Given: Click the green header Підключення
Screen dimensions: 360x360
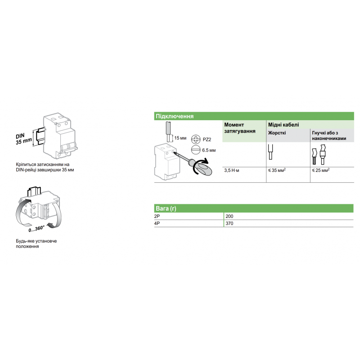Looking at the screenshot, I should tap(175, 116).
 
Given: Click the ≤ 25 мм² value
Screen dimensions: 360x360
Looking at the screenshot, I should tap(321, 171).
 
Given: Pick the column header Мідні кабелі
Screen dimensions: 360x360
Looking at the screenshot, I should tap(283, 124).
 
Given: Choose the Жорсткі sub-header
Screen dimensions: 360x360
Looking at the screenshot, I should tap(277, 133).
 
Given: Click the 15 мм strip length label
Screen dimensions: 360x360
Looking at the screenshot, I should tap(180, 138).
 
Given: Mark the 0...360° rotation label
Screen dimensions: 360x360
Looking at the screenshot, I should tap(36, 229).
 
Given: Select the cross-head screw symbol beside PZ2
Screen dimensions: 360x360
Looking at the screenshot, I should tap(195, 139).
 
